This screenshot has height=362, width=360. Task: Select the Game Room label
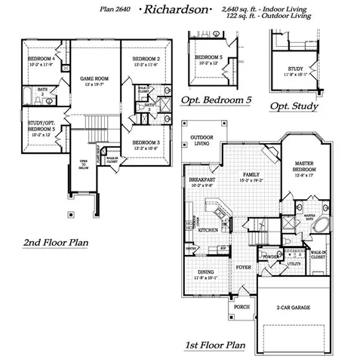[x=91, y=78]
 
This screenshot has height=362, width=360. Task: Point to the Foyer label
[x=242, y=266]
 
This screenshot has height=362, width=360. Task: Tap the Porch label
[x=241, y=307]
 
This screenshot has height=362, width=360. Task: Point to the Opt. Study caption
[x=294, y=106]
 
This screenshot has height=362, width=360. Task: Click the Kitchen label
[x=209, y=229]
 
